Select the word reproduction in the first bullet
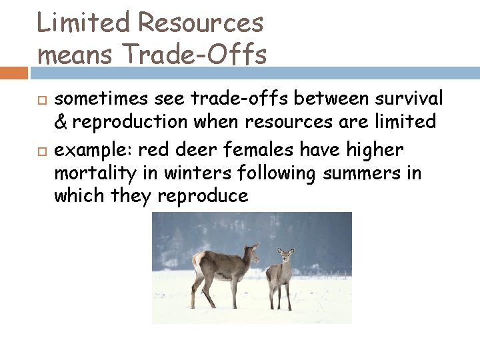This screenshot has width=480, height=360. click(126, 123)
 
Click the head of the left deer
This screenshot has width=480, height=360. click(252, 251)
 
